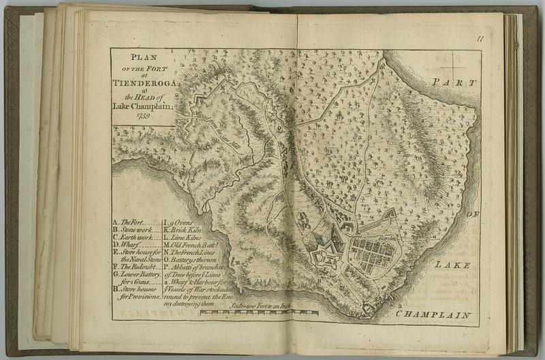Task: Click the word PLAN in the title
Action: (144, 58)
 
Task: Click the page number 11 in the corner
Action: (480, 40)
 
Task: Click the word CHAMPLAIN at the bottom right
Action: (433, 315)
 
